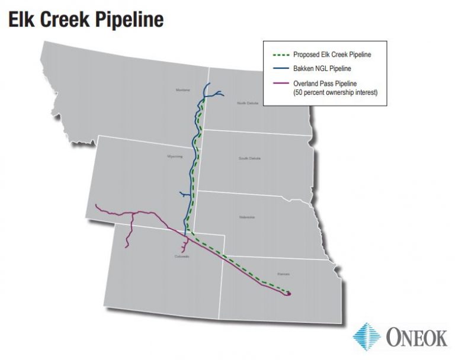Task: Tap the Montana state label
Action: (x=182, y=90)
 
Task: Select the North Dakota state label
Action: (x=248, y=102)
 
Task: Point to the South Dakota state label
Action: (x=249, y=158)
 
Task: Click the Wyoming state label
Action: (x=175, y=157)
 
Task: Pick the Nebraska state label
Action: (x=247, y=217)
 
